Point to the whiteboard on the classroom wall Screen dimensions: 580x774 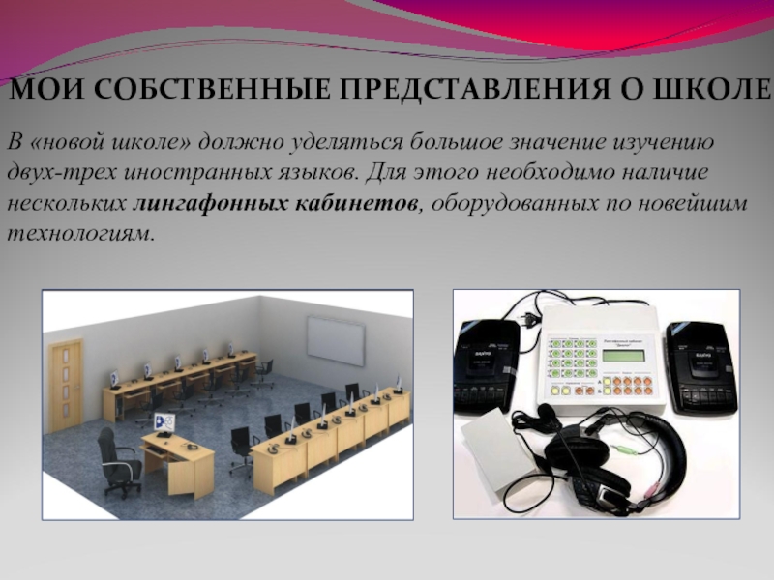(336, 338)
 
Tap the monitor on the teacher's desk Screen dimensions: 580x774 (164, 421)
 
